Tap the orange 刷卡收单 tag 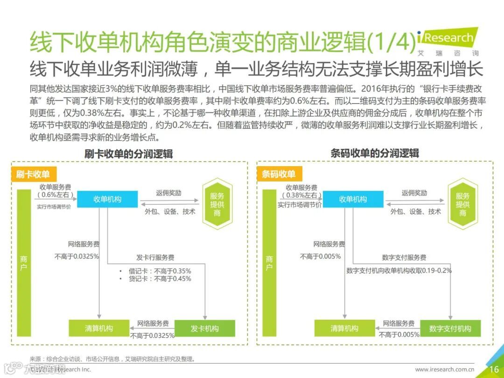tap(33, 174)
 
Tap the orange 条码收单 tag tap(279, 174)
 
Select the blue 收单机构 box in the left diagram tap(107, 199)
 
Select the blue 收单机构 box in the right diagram tap(353, 199)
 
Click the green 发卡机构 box tap(204, 329)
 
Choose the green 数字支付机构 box tap(450, 329)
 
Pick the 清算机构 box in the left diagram tap(99, 328)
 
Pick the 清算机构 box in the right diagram tap(344, 328)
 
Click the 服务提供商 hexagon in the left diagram tap(217, 204)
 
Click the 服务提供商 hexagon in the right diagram tap(462, 204)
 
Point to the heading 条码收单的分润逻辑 tap(374, 153)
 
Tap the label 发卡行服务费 tap(155, 258)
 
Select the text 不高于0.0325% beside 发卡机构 tap(153, 335)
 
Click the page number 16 tap(494, 370)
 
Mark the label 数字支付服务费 tap(404, 258)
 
